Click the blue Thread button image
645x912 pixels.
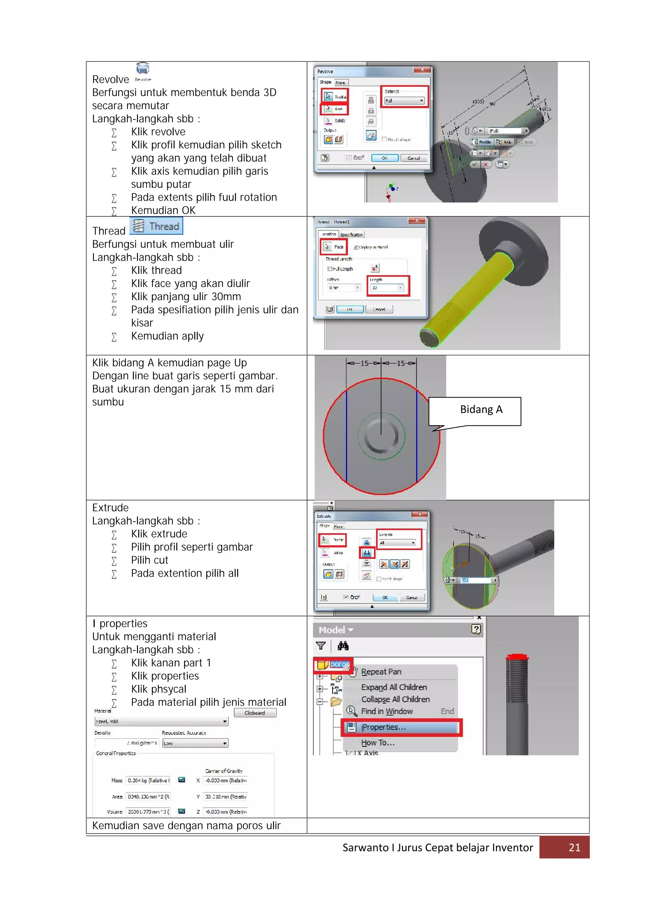(x=156, y=226)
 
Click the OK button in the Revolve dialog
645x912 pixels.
(x=385, y=158)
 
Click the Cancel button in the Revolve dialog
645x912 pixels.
(x=414, y=158)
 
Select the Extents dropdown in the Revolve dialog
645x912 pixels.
(x=404, y=101)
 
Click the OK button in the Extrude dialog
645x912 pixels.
(x=385, y=597)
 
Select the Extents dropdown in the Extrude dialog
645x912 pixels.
(x=397, y=543)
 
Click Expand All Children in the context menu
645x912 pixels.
(x=394, y=687)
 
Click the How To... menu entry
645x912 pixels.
(x=377, y=742)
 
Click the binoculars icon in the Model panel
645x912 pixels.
(x=343, y=646)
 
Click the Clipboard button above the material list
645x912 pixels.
(x=254, y=713)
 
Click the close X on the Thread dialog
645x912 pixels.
(x=417, y=220)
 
